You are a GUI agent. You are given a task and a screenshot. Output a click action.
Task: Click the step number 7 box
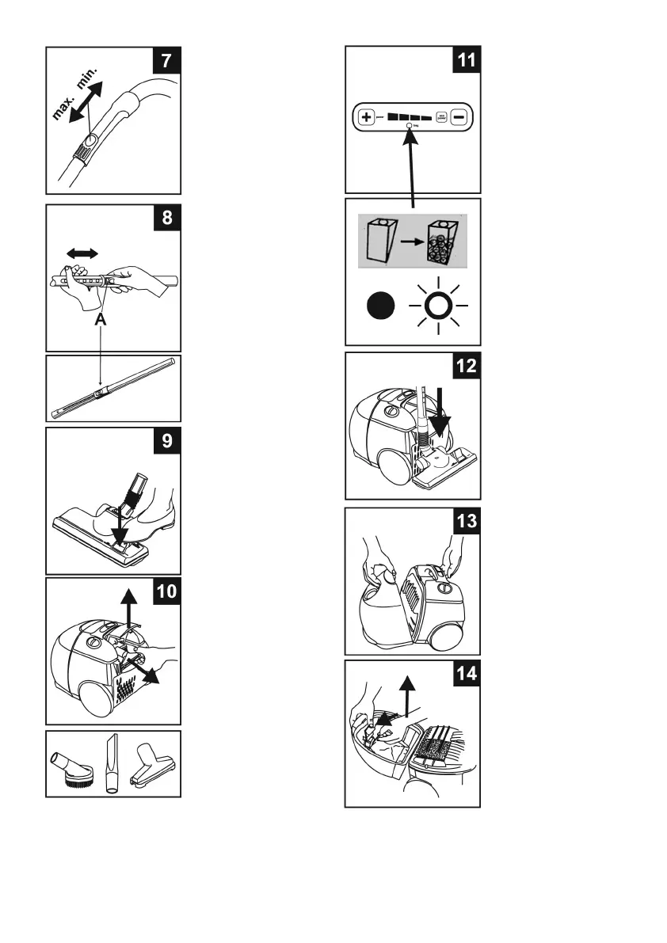point(166,62)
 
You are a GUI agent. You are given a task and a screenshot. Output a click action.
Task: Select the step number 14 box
point(465,675)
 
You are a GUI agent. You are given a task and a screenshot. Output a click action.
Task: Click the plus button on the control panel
point(367,117)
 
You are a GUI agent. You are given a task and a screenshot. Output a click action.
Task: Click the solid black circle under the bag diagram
point(379,305)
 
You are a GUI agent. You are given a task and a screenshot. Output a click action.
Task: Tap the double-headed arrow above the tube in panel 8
point(82,253)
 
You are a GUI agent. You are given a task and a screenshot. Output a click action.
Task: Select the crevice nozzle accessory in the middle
point(110,763)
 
